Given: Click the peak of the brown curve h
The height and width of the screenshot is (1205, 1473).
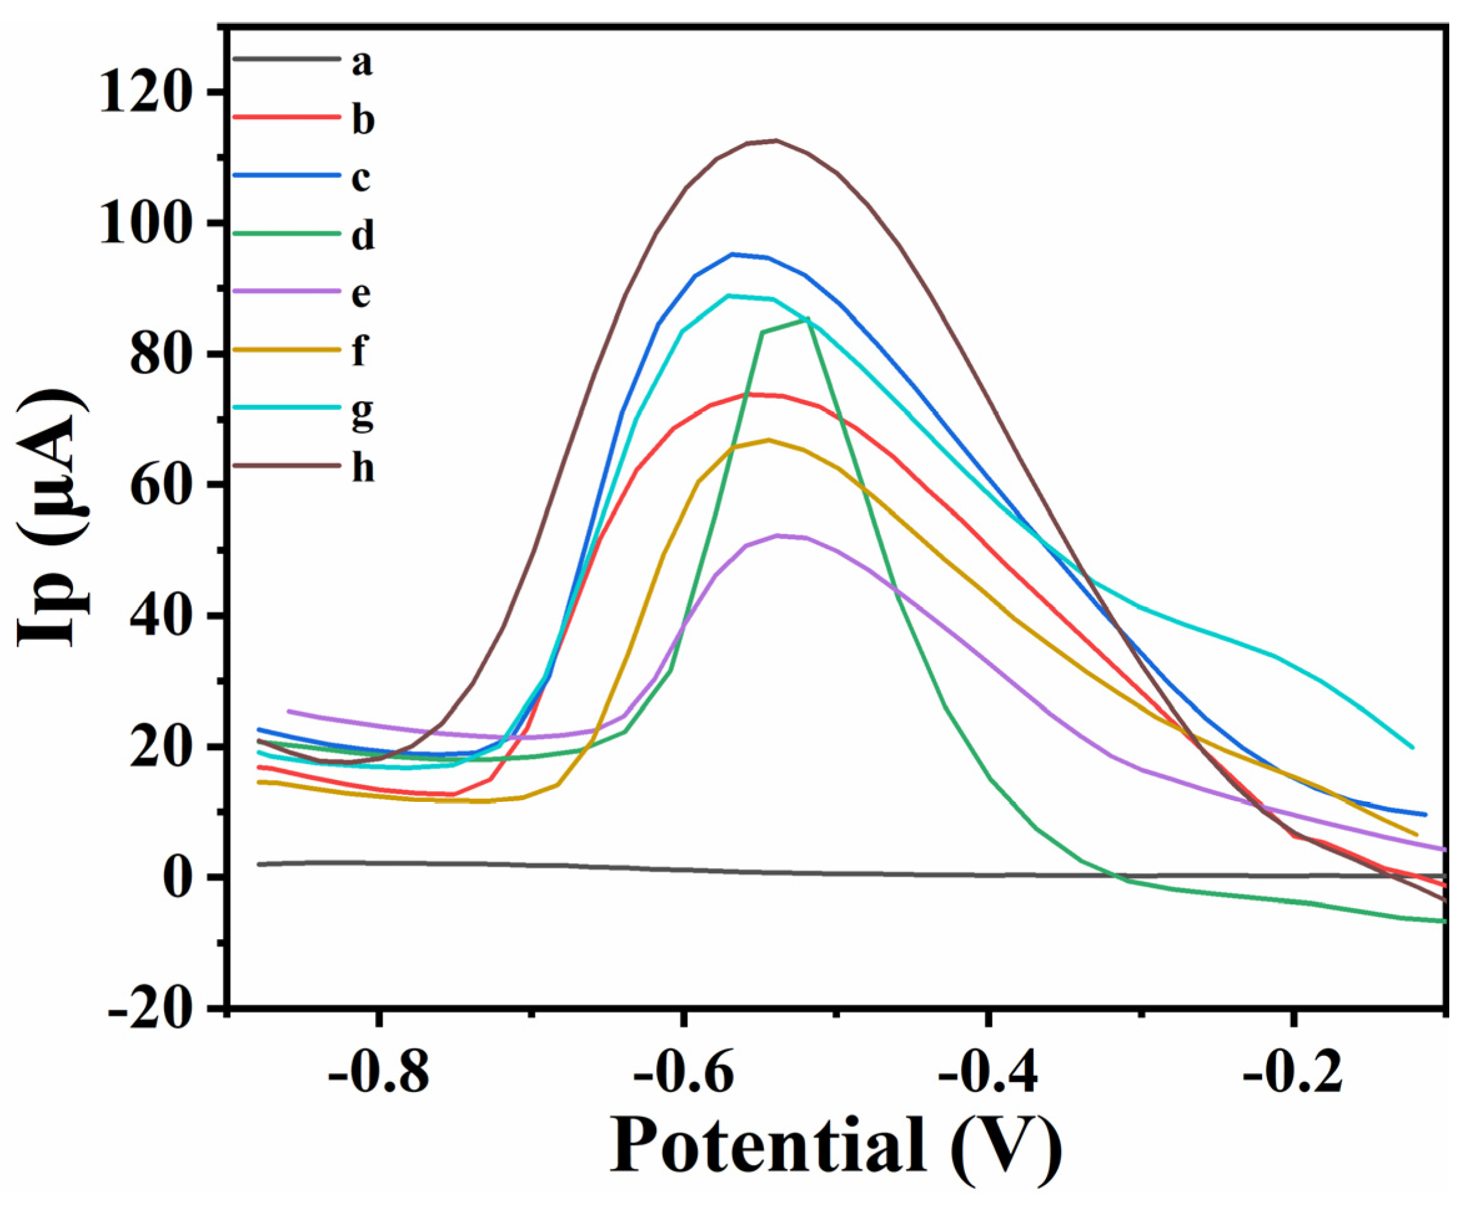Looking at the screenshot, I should coord(776,140).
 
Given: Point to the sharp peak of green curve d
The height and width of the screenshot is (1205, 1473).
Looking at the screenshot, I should coord(807,319).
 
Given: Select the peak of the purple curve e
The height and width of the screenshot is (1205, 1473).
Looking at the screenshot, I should coord(778,535).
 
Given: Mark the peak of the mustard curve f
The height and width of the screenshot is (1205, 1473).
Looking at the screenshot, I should coord(768,439).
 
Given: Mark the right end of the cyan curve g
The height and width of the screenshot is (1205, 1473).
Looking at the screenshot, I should coord(1412,748).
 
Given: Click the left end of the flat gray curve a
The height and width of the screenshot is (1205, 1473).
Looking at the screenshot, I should coord(259,864).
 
